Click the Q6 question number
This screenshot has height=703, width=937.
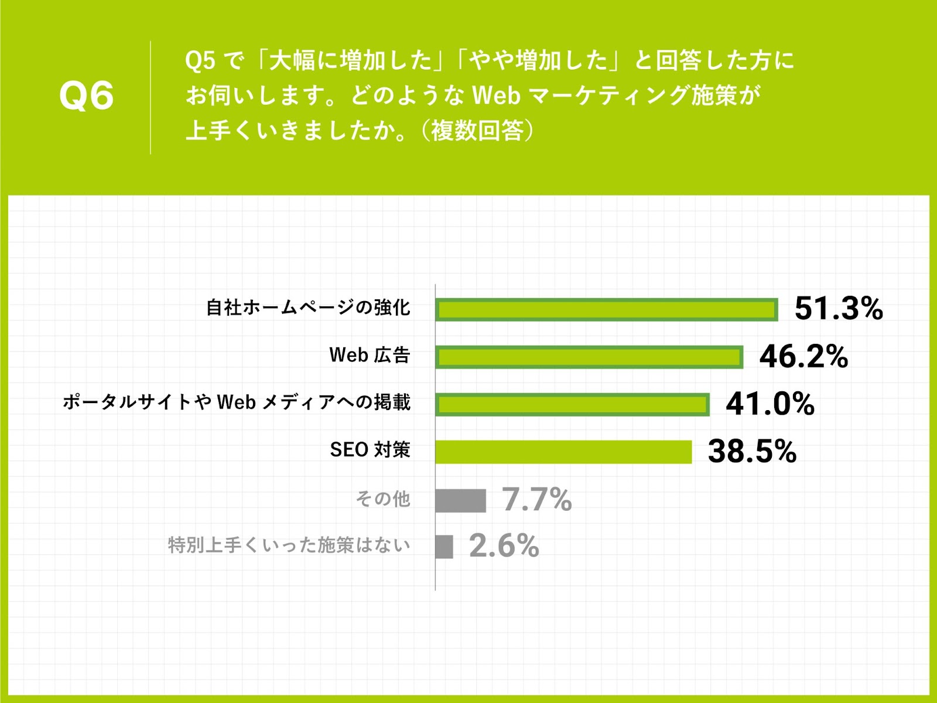87,96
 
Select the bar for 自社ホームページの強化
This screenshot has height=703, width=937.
607,310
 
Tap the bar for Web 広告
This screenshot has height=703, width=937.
589,357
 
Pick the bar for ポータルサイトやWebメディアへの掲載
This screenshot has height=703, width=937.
572,405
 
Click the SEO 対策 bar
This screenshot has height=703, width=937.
563,452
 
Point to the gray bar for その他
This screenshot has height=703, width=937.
461,500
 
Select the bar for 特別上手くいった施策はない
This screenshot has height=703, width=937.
444,547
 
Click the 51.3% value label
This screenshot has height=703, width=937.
839,309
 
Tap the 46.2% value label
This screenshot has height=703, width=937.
803,356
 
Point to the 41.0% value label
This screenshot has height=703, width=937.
770,404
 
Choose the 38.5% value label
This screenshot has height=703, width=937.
752,451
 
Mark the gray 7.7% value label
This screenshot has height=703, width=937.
536,500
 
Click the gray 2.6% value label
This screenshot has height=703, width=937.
504,546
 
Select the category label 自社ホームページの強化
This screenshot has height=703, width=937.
308,308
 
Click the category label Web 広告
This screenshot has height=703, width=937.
370,355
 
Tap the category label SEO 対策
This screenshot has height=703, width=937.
370,450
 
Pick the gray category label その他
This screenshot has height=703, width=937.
383,499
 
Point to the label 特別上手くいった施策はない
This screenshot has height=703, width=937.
289,545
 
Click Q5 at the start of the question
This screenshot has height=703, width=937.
200,61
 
